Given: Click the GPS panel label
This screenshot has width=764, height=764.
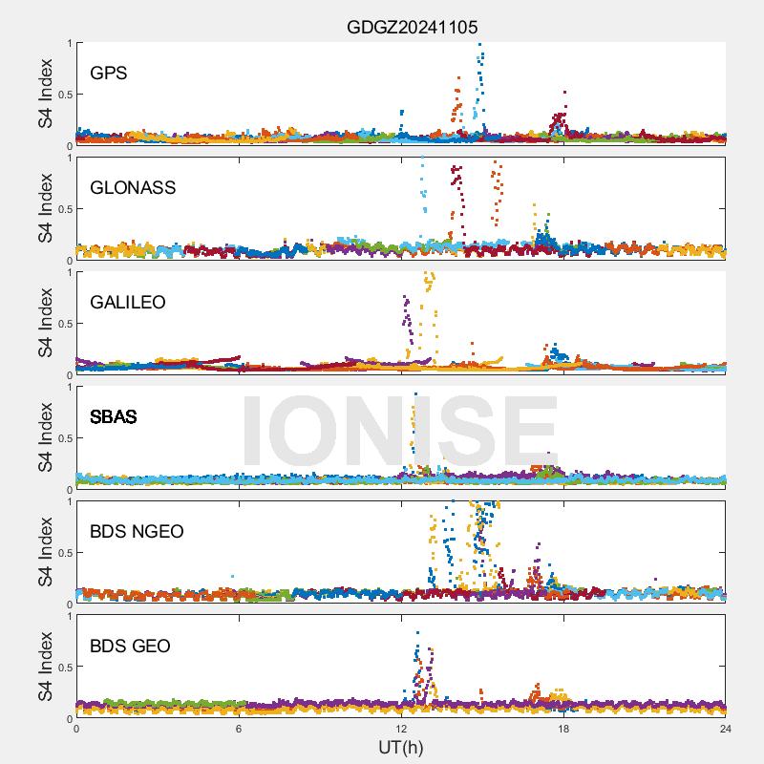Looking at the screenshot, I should click(108, 73).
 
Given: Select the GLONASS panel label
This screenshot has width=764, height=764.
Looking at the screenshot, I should click(133, 187).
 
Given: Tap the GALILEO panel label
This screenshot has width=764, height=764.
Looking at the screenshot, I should click(128, 302).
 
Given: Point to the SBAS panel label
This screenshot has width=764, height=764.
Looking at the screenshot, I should click(114, 416).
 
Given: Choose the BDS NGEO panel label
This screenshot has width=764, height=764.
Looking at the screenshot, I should click(137, 531).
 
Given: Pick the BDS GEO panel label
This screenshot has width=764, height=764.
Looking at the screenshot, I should click(130, 646).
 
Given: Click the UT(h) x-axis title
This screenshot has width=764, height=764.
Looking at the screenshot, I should click(400, 746).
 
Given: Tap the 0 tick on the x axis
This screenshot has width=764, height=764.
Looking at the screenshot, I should click(76, 729).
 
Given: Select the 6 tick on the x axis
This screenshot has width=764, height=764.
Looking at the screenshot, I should click(239, 729).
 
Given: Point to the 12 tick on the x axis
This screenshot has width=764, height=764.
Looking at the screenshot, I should click(401, 729).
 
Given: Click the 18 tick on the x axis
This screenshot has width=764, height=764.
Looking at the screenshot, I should click(563, 729).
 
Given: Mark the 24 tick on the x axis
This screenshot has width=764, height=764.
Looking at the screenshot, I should click(726, 729).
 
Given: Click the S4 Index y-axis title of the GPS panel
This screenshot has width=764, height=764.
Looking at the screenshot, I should click(45, 94).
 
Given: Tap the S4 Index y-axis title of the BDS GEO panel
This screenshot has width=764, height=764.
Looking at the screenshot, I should click(45, 667).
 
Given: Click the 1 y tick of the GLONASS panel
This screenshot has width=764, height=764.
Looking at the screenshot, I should click(68, 158).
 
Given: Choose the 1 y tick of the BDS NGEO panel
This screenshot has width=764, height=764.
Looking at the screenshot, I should click(68, 501).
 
